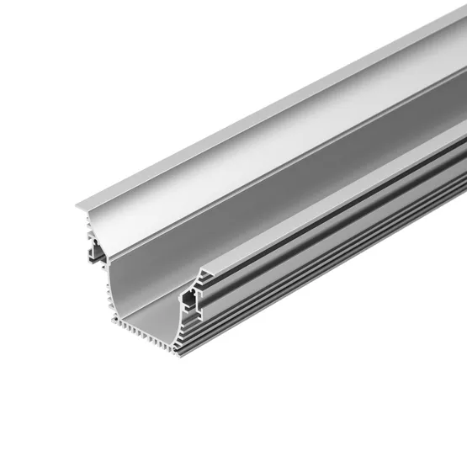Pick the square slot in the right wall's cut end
pos(192,296)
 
